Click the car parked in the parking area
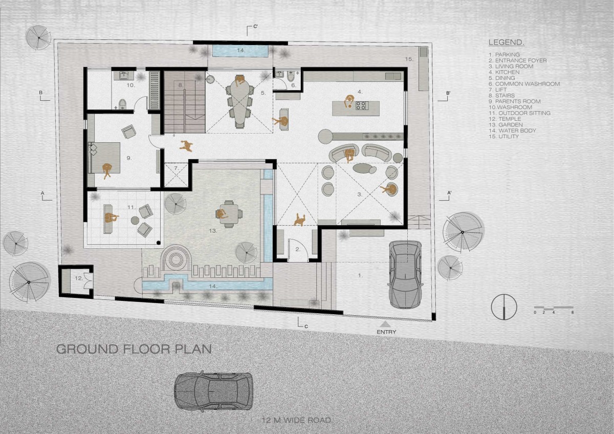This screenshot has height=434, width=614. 406,274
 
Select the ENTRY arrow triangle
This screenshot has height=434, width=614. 386,324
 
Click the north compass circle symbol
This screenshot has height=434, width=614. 504,307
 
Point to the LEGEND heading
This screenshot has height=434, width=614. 507,42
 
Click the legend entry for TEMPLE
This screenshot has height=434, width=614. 505,119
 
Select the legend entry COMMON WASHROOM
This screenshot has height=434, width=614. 524,83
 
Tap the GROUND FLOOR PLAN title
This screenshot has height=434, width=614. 134,349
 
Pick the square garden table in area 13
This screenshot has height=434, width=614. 229,214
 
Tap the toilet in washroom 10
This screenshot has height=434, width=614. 122,104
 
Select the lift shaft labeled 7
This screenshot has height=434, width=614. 176,175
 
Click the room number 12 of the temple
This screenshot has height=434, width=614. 79,278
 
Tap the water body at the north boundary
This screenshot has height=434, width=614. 240,51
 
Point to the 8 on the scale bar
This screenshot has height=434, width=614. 573,312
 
